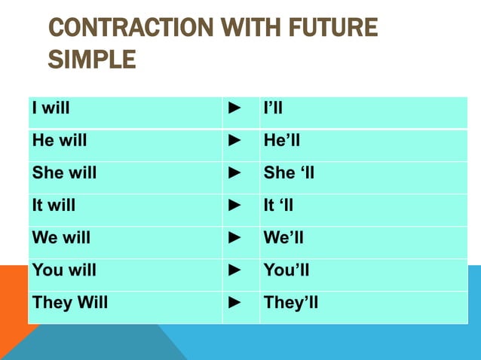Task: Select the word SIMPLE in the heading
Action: point(92,58)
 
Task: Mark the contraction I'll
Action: point(273,108)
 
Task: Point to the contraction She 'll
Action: point(289,172)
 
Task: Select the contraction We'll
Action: point(284,237)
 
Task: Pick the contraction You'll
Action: point(286,270)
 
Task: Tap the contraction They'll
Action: point(291,303)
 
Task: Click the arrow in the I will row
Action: point(234,108)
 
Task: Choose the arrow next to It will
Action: point(234,205)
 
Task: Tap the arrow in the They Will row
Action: point(234,303)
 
